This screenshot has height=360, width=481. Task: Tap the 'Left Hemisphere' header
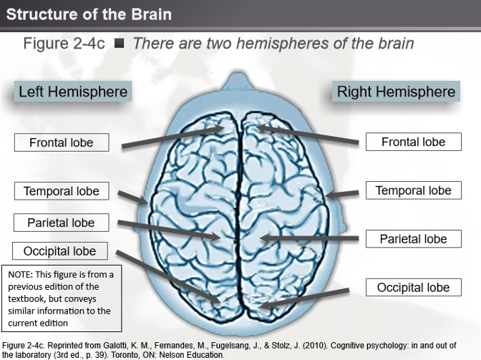coord(73,92)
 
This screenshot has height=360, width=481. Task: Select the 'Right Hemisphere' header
coord(396,92)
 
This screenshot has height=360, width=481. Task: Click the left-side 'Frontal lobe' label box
coord(62,142)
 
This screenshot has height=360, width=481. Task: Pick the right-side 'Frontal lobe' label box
coord(413,142)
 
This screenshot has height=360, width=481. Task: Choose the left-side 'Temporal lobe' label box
coord(62,191)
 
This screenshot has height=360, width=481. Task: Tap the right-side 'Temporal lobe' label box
coord(413,190)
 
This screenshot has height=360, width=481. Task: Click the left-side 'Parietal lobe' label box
coord(62,223)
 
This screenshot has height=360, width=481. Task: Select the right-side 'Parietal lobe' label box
coord(413,239)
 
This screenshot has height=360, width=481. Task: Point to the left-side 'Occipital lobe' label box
coord(60,251)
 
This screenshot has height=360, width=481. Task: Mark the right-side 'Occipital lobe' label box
coord(413,288)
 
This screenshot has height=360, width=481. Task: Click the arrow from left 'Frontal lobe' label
coord(172,137)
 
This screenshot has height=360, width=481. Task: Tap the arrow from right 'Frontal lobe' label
coord(308,135)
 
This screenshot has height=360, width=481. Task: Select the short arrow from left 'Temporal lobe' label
coord(132,197)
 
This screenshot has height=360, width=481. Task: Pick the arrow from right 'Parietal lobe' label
coord(308,237)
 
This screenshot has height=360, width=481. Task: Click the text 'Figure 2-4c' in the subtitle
coord(64,44)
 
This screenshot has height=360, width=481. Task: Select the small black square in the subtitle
coord(119,44)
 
